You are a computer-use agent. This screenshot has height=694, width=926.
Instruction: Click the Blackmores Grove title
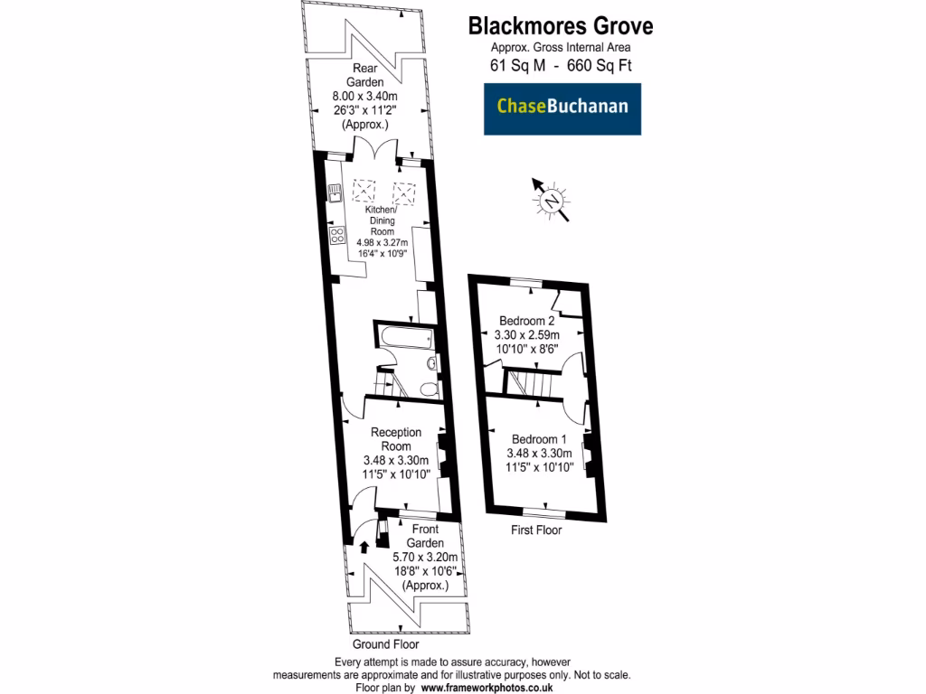(x=560, y=25)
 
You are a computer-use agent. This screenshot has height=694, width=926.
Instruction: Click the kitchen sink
(x=334, y=191)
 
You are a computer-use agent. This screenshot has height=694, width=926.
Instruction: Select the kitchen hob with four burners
(x=337, y=236)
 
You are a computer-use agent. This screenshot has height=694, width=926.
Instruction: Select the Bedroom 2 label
(x=527, y=321)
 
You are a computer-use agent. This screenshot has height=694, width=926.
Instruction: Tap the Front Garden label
(x=424, y=536)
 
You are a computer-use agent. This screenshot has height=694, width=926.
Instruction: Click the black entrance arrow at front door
(x=364, y=546)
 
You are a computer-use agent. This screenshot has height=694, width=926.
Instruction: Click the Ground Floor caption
(x=386, y=645)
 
